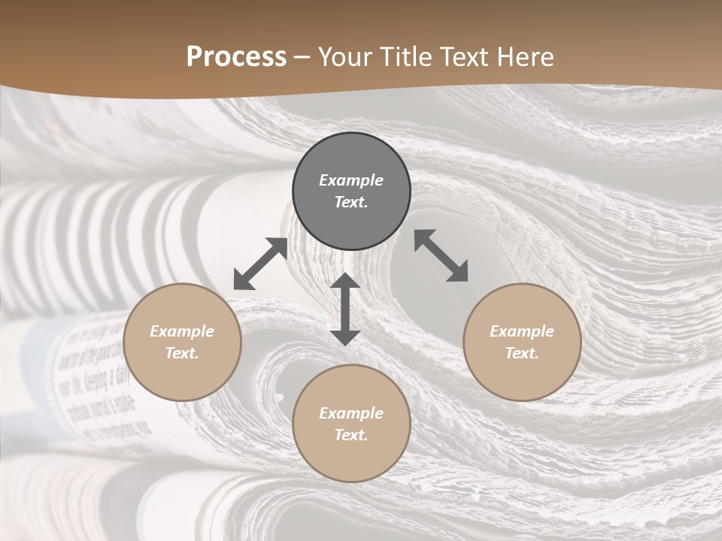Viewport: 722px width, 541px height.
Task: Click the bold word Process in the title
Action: (x=236, y=57)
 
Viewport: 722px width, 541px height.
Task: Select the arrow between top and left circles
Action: (x=260, y=264)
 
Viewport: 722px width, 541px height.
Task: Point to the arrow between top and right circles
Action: (x=441, y=256)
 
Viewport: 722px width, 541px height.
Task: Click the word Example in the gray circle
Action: (x=351, y=180)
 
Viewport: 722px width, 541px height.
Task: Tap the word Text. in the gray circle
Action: (x=351, y=202)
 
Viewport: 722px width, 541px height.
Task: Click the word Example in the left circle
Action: (x=182, y=331)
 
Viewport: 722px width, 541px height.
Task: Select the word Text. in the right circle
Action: (x=522, y=353)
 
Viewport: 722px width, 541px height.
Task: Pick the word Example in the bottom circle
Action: (x=351, y=413)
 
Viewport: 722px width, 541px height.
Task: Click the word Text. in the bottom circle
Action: (x=351, y=435)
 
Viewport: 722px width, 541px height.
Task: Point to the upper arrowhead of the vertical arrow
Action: (x=345, y=281)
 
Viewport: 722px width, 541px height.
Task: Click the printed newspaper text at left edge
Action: (x=98, y=376)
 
